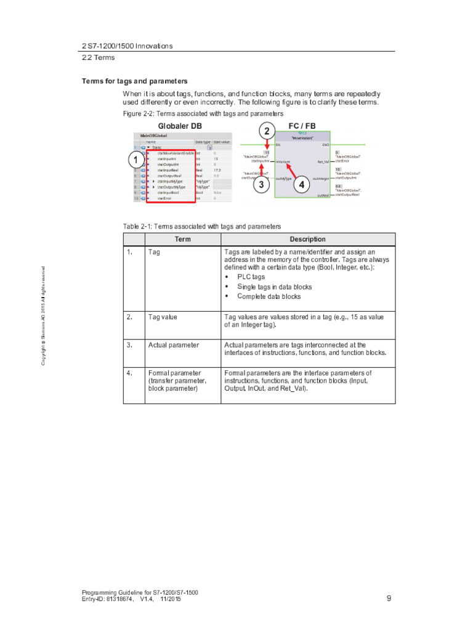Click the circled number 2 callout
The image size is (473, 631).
point(266,131)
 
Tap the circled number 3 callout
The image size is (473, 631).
point(261,184)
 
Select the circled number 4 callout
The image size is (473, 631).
point(301,184)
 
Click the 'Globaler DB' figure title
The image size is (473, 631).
point(180,126)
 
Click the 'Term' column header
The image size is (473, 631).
point(183,239)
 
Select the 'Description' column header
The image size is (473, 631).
point(307,239)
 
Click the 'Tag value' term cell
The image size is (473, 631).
point(163,317)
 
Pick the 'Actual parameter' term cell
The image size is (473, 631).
point(174,345)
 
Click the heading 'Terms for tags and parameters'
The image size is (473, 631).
point(135,81)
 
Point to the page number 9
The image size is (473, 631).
point(389,598)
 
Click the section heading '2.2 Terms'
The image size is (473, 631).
point(99,57)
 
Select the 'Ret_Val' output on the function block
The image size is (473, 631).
point(323,161)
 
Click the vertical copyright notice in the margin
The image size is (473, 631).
point(44,315)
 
